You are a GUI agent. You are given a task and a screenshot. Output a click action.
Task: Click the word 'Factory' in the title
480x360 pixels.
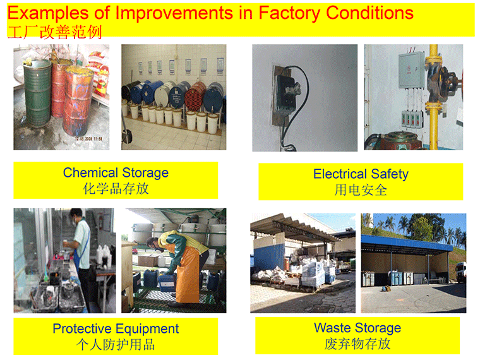(289, 13)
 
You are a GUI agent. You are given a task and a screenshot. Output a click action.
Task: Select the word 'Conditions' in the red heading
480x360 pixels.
(370, 13)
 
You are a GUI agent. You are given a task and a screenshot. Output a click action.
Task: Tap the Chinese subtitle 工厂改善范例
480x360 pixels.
(54, 32)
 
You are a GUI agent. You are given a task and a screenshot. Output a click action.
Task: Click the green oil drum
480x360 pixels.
(37, 93)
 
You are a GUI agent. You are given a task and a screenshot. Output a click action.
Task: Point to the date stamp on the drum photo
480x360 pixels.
(88, 139)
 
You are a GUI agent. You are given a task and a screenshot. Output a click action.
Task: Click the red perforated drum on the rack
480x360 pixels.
(196, 97)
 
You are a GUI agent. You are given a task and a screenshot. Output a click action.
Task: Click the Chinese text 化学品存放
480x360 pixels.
(116, 189)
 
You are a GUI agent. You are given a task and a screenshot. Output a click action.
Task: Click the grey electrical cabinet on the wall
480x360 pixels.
(411, 70)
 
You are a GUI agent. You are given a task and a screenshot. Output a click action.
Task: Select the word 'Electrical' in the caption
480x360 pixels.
(340, 174)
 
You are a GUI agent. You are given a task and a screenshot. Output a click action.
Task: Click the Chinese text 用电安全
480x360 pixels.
(361, 190)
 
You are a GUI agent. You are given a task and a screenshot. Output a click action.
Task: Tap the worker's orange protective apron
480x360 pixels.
(189, 274)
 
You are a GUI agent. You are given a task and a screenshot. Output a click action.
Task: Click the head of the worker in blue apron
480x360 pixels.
(76, 215)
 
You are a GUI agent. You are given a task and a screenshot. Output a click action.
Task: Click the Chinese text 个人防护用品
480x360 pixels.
(116, 345)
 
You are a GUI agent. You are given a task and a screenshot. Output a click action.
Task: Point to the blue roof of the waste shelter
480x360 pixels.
(407, 243)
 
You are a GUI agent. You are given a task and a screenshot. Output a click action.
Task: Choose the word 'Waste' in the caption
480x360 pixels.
(332, 328)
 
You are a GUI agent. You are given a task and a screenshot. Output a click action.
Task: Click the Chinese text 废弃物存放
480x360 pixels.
(357, 344)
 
